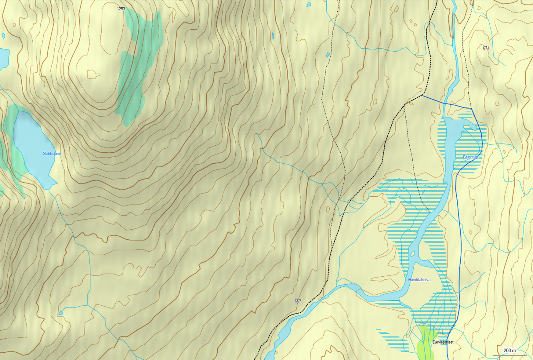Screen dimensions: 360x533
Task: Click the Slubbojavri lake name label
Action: [x=52, y=154]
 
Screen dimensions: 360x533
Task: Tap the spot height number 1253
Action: [x=121, y=9]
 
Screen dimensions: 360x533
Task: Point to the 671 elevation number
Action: [x=486, y=48]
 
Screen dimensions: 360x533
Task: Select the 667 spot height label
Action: [x=298, y=301]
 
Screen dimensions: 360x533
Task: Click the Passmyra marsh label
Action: [x=471, y=157]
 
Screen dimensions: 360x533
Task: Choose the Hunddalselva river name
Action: [x=419, y=280]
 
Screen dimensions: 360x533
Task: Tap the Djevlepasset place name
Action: [x=443, y=342]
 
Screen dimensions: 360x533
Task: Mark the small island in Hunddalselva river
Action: [x=412, y=253]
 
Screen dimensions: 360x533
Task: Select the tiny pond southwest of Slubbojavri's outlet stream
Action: [x=61, y=313]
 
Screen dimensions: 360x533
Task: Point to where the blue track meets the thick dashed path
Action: [x=421, y=95]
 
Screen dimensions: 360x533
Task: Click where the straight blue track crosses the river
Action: [x=445, y=103]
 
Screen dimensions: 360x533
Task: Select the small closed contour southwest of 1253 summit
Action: [x=93, y=74]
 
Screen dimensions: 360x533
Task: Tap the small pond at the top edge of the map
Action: [x=309, y=5]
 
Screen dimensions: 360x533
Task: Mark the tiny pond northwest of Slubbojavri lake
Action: [x=3, y=35]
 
